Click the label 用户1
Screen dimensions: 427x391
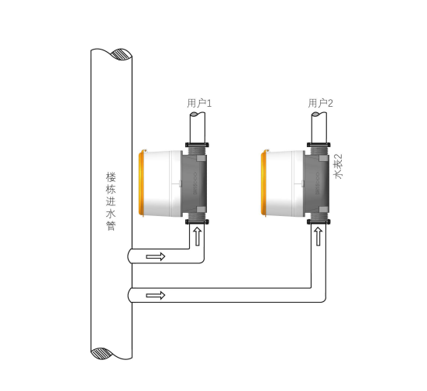[x=199, y=104]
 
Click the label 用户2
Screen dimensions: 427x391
[x=321, y=104]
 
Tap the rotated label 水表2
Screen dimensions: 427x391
[x=339, y=166]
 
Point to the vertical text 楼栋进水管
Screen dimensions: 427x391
[x=111, y=201]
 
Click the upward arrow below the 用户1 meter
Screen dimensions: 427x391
[x=197, y=237]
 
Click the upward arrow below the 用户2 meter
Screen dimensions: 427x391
[x=318, y=237]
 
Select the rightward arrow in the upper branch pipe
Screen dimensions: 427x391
[x=156, y=256]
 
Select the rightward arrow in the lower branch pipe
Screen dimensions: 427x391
[x=156, y=295]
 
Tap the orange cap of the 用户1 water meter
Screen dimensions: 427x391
[x=141, y=183]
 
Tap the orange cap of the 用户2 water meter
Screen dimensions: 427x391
[x=263, y=183]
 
